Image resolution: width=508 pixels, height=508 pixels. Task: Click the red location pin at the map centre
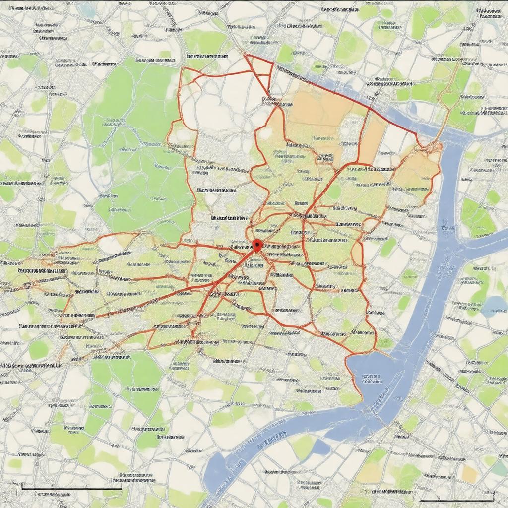click(x=256, y=244)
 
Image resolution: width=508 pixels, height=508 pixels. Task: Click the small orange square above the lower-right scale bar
click(x=469, y=474)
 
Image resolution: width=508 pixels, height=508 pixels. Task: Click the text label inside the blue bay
click(x=371, y=379)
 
